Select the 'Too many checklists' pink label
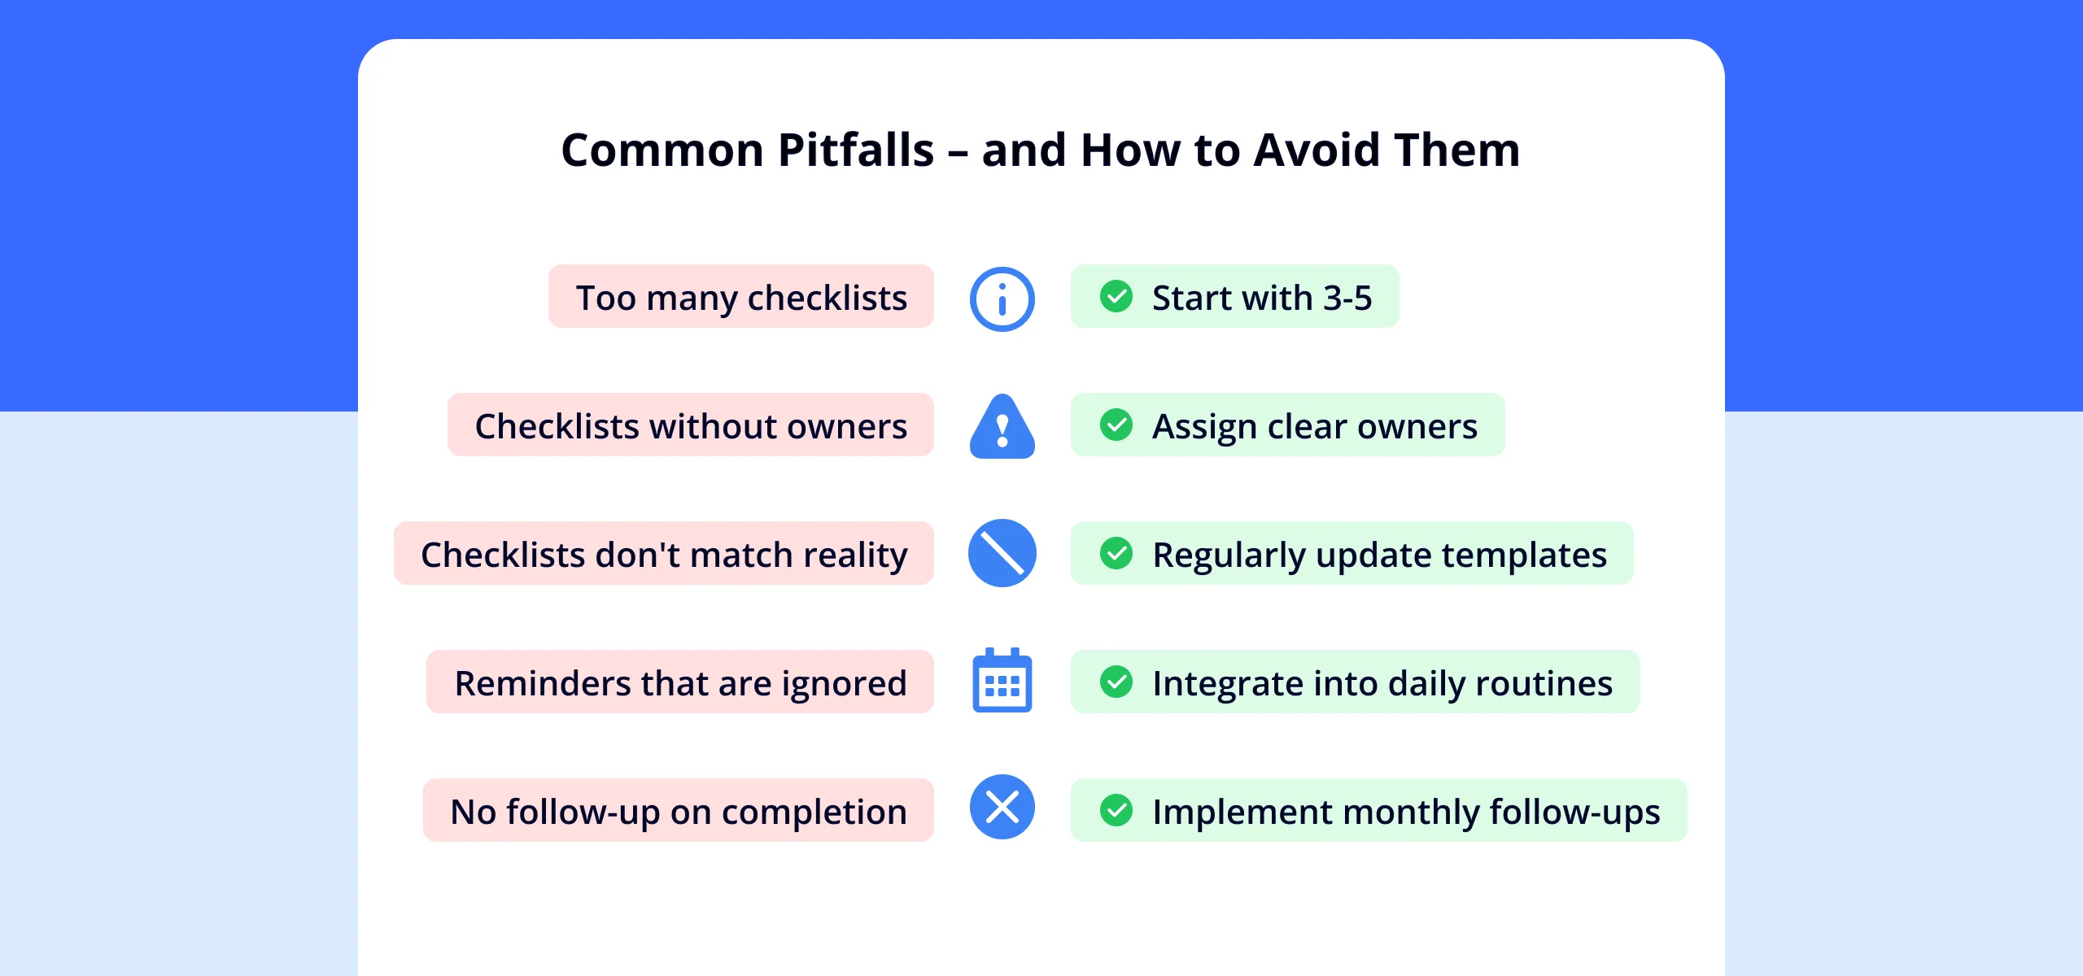[x=741, y=297]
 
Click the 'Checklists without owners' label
[x=691, y=425]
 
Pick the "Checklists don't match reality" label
[x=664, y=554]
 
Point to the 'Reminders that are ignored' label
[x=680, y=682]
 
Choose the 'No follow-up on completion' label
[x=679, y=811]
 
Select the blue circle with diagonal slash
[x=1002, y=553]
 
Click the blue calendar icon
[x=1002, y=681]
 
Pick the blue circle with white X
[x=1002, y=807]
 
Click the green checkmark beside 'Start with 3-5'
[x=1116, y=297]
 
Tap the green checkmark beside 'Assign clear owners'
[x=1116, y=425]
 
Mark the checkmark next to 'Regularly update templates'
[x=1116, y=554]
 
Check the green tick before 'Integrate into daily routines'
[x=1116, y=682]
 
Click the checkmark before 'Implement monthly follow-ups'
[x=1116, y=811]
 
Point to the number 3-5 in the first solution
[x=1347, y=298]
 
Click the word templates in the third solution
[x=1524, y=556]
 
